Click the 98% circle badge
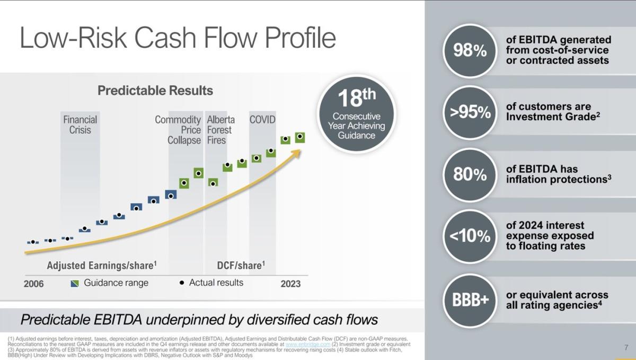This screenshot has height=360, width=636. click(x=469, y=51)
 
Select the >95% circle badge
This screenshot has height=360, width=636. click(x=469, y=112)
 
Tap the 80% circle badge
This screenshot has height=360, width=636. click(x=469, y=174)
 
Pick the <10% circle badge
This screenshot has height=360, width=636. click(x=469, y=236)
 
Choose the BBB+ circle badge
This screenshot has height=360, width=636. click(x=469, y=300)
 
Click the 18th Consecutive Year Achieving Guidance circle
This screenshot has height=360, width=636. click(x=356, y=115)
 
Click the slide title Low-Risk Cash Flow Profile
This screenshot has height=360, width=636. click(x=178, y=38)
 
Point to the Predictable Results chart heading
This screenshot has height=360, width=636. click(x=155, y=91)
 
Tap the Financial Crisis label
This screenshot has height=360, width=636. click(x=80, y=125)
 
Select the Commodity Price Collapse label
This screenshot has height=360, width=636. click(x=178, y=130)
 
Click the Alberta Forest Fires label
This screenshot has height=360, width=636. click(x=220, y=130)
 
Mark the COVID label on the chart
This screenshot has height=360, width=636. click(x=262, y=120)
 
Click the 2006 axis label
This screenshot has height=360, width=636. click(x=34, y=284)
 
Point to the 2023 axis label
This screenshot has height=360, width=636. click(x=290, y=284)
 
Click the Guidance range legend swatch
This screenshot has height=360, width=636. click(x=75, y=283)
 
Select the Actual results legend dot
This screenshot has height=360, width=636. click(x=182, y=283)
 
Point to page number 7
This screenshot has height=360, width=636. click(x=625, y=348)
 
